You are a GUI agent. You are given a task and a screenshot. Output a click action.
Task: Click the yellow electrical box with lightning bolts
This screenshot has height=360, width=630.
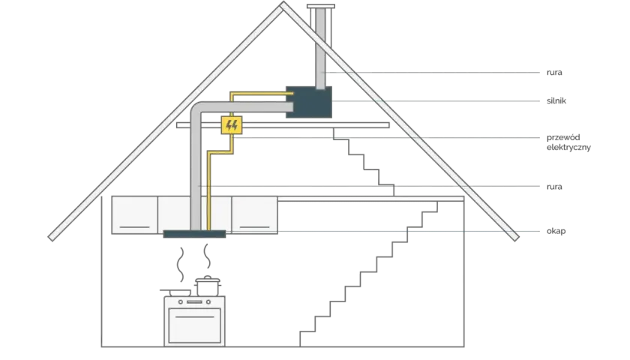[232, 125]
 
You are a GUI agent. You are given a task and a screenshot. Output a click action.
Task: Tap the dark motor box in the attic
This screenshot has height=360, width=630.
[309, 102]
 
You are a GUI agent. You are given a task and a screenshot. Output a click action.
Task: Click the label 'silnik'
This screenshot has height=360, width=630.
[556, 100]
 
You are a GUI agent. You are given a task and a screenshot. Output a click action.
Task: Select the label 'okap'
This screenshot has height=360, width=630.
[556, 231]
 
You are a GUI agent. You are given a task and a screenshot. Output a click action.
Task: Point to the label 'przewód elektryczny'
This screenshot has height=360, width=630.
[568, 142]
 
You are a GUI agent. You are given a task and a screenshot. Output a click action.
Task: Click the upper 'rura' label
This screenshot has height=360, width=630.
[554, 73]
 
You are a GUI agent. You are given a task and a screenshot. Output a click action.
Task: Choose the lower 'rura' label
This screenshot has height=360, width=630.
[554, 187]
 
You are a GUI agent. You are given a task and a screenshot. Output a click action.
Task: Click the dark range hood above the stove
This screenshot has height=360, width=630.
[194, 234]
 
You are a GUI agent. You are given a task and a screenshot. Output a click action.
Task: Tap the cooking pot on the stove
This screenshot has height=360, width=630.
[208, 286]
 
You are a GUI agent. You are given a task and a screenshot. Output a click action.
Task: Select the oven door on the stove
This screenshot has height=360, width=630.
[194, 325]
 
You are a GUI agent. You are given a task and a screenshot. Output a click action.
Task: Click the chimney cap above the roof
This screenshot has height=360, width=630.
[321, 7]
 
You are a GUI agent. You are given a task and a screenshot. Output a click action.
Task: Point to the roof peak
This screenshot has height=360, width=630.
[283, 3]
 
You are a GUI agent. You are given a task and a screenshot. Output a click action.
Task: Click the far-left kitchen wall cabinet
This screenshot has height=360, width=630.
[134, 215]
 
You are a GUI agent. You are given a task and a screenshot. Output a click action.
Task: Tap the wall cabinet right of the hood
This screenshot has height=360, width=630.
[255, 215]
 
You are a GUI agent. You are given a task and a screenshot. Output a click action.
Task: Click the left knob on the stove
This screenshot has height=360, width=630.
[181, 301]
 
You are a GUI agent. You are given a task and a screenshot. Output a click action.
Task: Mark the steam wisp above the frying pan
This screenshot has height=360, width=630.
[181, 264]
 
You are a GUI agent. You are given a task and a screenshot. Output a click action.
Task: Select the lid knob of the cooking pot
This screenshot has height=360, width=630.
[207, 277]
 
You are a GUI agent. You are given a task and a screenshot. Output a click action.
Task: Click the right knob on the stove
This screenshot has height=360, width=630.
[208, 301]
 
